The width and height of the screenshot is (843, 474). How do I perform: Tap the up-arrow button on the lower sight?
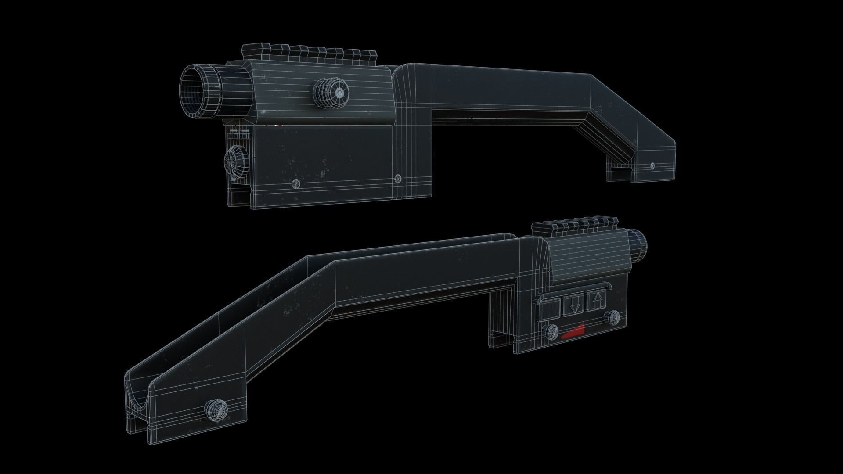coord(596,302)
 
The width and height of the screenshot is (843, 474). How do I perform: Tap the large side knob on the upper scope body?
coord(330,93)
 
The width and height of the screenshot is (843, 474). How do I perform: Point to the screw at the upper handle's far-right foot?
coord(652,166)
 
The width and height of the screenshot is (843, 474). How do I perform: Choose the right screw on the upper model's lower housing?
coord(398,178)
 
